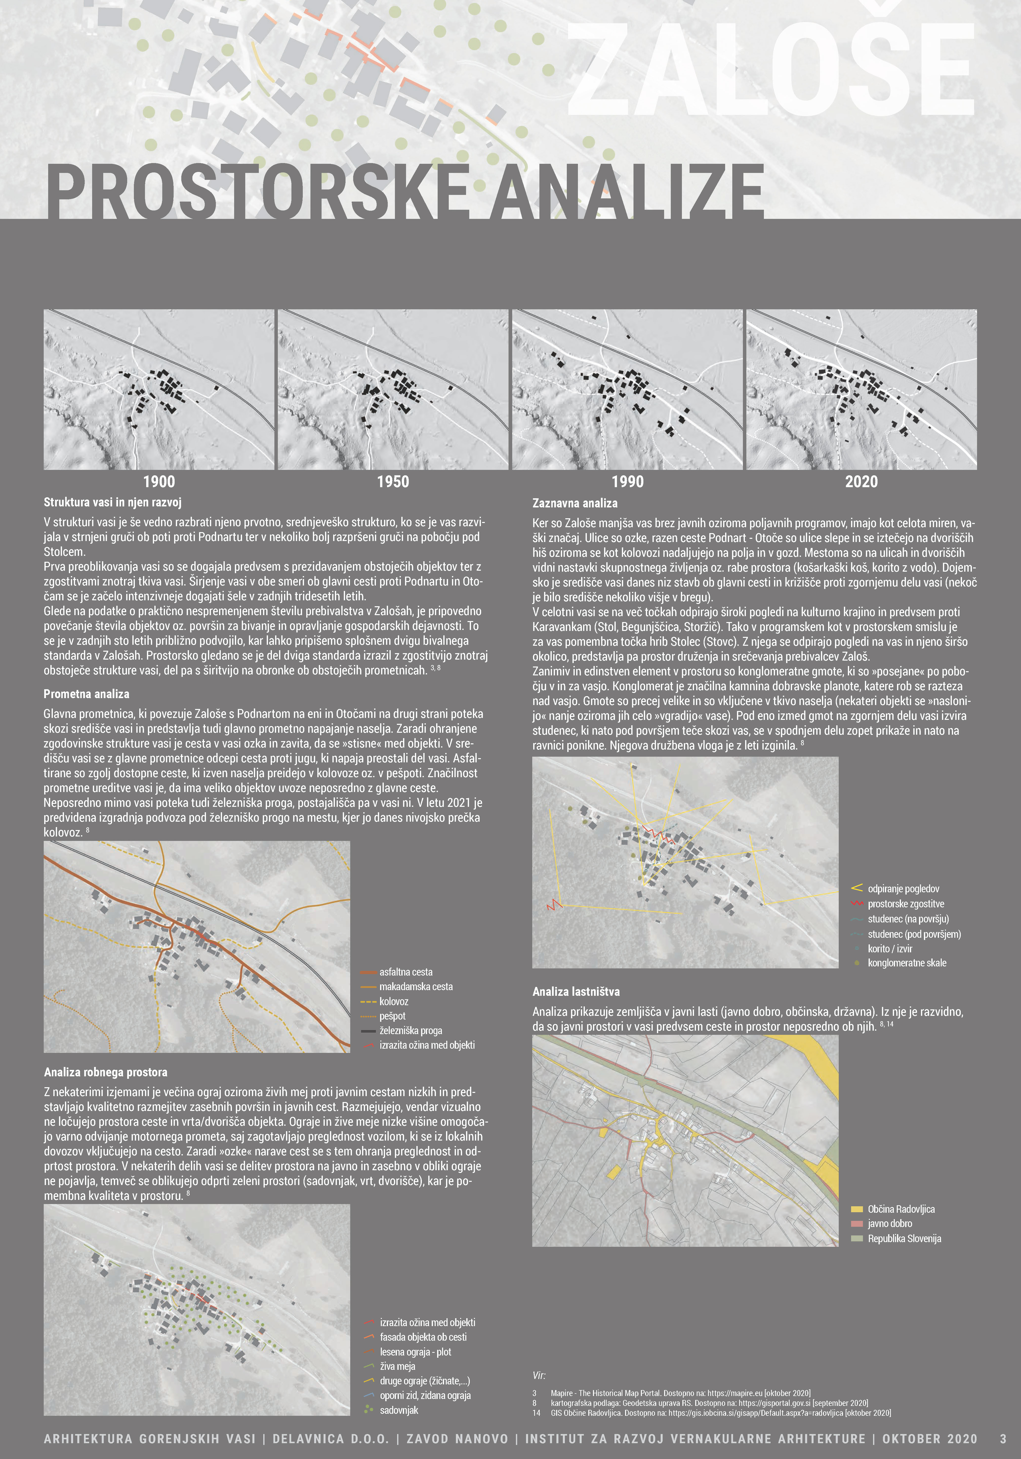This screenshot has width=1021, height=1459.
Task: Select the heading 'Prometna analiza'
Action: (x=86, y=694)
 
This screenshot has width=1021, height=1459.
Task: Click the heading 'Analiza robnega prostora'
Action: (x=105, y=1072)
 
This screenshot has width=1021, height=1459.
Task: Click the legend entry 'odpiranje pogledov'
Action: (x=903, y=888)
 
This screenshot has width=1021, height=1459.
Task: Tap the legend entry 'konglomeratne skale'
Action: (x=907, y=963)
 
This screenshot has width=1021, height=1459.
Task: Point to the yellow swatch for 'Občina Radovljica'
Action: (x=857, y=1209)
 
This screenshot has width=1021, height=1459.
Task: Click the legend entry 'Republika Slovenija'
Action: (x=904, y=1238)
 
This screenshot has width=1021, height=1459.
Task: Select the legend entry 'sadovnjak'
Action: (x=399, y=1410)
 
